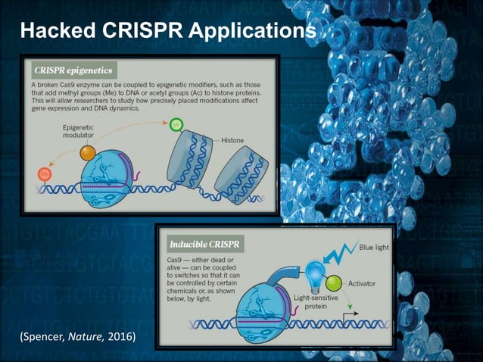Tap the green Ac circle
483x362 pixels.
coord(176,123)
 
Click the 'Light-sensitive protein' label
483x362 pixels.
coord(307,302)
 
